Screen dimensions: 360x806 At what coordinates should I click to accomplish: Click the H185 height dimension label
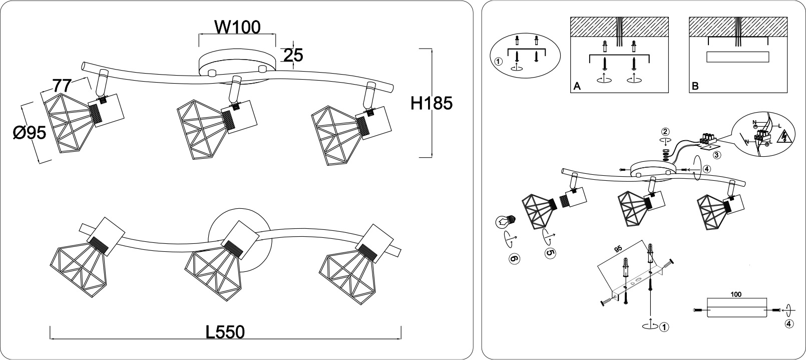coord(432,103)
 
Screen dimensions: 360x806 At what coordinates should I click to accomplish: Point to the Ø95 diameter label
coord(29,132)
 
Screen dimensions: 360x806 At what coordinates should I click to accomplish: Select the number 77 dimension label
coord(62,86)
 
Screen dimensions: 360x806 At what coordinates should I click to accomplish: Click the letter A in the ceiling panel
coord(577,87)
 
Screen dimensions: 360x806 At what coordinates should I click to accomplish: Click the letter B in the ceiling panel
coord(694,87)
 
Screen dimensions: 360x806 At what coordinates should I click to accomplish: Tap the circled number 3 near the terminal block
coord(717,155)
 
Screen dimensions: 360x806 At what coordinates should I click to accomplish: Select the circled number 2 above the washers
coord(665,132)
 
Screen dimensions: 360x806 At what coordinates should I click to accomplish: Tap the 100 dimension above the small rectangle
coord(735,295)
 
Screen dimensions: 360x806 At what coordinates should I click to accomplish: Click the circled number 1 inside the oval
coord(498,62)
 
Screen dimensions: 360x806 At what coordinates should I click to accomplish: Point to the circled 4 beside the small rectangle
coord(788,323)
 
